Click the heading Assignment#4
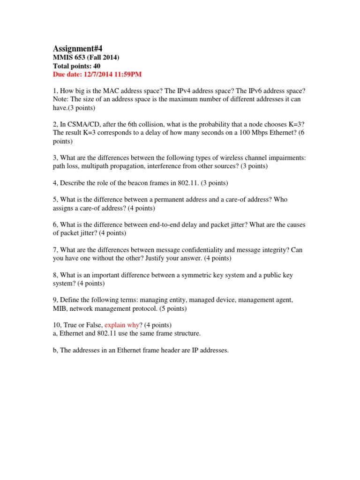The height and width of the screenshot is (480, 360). pos(77,48)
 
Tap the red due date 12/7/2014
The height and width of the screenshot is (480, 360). pos(100,75)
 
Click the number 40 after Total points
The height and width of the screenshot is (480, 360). pos(96,66)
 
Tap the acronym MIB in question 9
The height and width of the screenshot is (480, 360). pos(60,309)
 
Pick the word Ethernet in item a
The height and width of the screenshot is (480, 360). pos(72,334)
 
